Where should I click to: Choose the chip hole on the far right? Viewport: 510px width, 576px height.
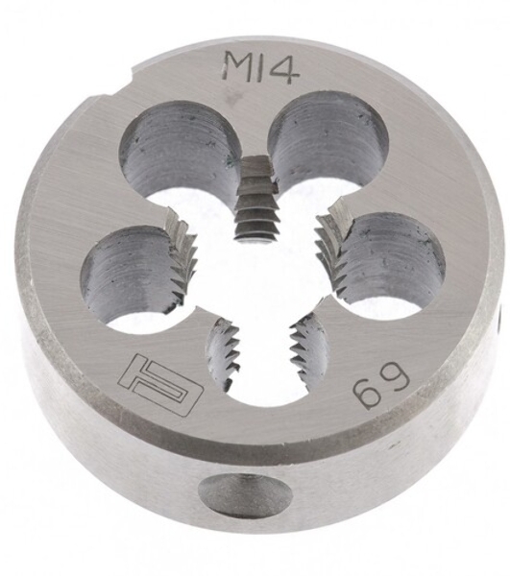(x=390, y=265)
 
